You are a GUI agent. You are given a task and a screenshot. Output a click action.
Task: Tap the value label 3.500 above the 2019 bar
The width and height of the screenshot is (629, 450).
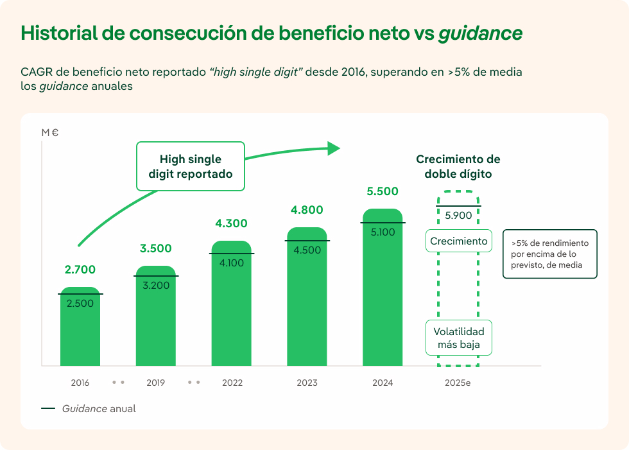156,248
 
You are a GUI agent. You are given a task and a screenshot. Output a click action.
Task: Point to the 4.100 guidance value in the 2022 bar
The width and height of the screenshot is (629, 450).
232,263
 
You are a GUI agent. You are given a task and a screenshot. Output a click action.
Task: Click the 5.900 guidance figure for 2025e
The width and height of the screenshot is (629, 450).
458,216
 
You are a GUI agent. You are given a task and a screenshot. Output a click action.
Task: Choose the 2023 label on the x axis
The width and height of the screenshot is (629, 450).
307,383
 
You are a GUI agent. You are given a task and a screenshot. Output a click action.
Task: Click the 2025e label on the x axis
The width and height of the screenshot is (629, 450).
458,383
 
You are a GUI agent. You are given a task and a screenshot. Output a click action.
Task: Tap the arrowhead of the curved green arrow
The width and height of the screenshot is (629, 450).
333,148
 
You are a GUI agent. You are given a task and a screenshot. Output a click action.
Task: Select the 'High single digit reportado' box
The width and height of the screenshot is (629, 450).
191,166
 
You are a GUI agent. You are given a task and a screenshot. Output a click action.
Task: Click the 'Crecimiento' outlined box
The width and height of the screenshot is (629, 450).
459,241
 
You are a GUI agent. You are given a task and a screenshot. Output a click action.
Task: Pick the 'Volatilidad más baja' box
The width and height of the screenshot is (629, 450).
459,338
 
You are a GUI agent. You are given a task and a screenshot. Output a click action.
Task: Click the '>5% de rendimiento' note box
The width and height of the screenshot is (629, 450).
549,254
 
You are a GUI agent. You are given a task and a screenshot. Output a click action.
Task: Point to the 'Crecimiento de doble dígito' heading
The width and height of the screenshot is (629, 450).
458,166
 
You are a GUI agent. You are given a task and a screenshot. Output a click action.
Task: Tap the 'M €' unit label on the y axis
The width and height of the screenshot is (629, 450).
50,133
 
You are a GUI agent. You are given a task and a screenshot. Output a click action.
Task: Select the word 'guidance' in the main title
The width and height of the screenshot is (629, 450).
480,33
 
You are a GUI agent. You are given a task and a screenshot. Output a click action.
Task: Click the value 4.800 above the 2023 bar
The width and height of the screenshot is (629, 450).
307,210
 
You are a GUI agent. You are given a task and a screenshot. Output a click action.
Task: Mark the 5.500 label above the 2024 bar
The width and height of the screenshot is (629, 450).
383,191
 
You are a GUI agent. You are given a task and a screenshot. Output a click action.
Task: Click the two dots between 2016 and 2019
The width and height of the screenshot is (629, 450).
118,383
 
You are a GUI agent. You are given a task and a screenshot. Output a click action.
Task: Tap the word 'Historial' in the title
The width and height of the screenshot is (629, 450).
59,33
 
